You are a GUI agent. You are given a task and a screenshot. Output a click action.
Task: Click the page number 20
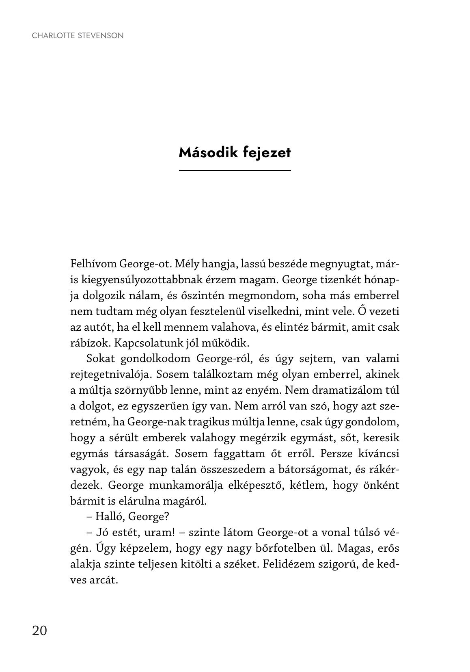pyautogui.click(x=39, y=631)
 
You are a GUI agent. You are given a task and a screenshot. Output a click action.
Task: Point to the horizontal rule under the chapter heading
pyautogui.click(x=235, y=171)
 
